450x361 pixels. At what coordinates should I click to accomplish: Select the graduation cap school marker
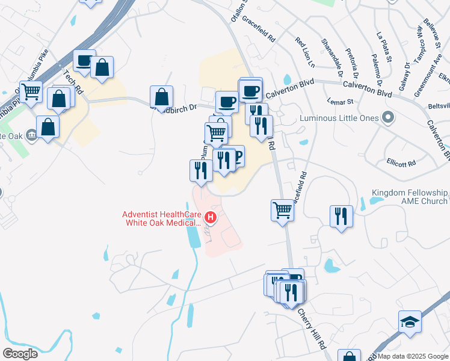(x=410, y=321)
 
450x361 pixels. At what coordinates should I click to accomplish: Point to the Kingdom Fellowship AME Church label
(x=409, y=197)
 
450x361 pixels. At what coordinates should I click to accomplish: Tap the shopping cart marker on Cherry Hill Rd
(x=282, y=211)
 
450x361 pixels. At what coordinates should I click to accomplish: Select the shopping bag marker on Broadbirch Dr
(x=162, y=96)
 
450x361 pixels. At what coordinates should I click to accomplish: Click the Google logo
(x=20, y=354)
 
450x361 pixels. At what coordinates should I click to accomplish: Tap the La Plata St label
(x=383, y=47)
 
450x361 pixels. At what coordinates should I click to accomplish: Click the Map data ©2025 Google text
(x=413, y=356)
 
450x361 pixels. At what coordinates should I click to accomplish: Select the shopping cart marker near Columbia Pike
(x=31, y=91)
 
